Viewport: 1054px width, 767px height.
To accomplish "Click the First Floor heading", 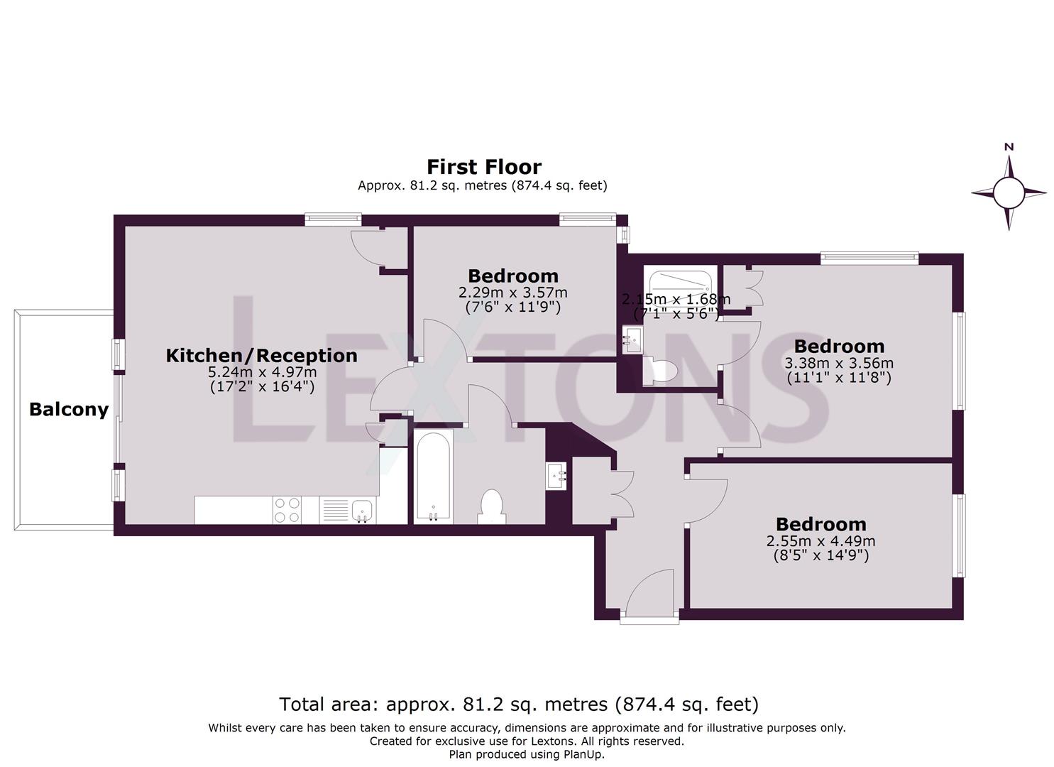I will point(483,167).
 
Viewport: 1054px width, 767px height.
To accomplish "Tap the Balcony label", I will point(69,410).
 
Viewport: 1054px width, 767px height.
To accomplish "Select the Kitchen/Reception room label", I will point(261,355).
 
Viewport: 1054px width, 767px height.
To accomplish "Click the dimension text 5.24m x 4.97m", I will point(262,372).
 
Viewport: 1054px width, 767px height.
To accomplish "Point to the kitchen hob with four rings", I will point(287,510).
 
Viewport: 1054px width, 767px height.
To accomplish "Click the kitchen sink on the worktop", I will point(362,509).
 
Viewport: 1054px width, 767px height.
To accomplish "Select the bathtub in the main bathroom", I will point(432,476).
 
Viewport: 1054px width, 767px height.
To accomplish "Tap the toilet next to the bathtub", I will point(491,505).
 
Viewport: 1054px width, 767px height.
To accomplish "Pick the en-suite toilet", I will point(661,371).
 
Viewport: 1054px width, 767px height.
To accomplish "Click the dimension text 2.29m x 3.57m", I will point(512,293).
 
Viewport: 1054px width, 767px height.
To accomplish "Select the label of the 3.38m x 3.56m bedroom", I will point(839,347).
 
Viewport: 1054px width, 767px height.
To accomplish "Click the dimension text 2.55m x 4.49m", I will point(820,541).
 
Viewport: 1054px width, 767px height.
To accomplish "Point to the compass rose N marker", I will point(1009,147).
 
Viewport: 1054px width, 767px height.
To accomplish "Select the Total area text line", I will point(519,705).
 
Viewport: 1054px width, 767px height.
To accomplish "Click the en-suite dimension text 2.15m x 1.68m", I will point(676,300).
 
